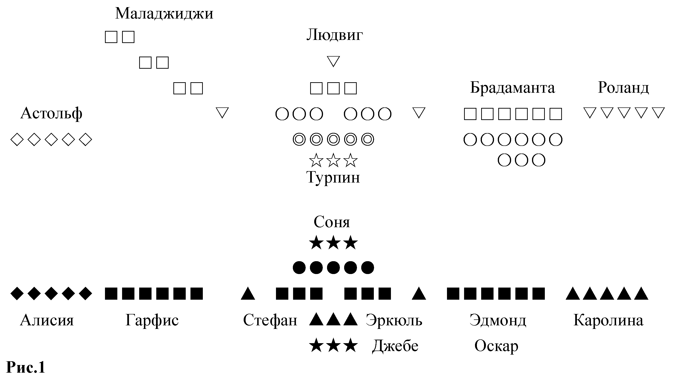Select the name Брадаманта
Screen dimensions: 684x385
point(513,88)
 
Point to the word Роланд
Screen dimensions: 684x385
point(623,88)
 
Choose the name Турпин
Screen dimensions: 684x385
point(333,178)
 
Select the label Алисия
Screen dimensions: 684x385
point(47,320)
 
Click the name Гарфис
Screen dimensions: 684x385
point(152,320)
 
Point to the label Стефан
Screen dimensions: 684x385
point(270,320)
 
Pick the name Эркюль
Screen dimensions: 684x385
point(394,320)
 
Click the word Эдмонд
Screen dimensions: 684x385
point(498,320)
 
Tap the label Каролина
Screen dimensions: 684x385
point(608,320)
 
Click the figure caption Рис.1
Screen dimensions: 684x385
point(25,367)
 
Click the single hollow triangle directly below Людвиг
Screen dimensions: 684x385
point(333,61)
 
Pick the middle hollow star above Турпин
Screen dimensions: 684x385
point(333,160)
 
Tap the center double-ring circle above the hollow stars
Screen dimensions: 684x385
point(333,139)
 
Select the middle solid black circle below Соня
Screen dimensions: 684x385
point(333,268)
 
